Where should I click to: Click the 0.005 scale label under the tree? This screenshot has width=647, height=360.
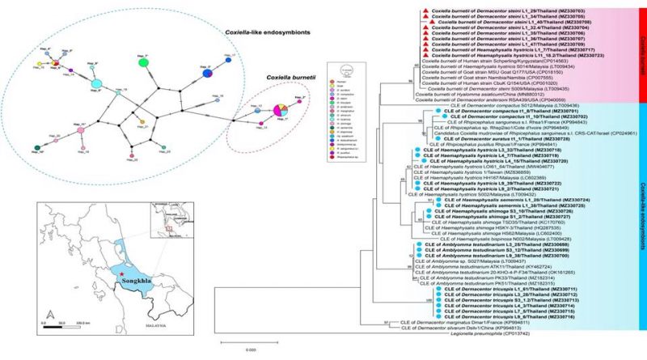tap(252, 349)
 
